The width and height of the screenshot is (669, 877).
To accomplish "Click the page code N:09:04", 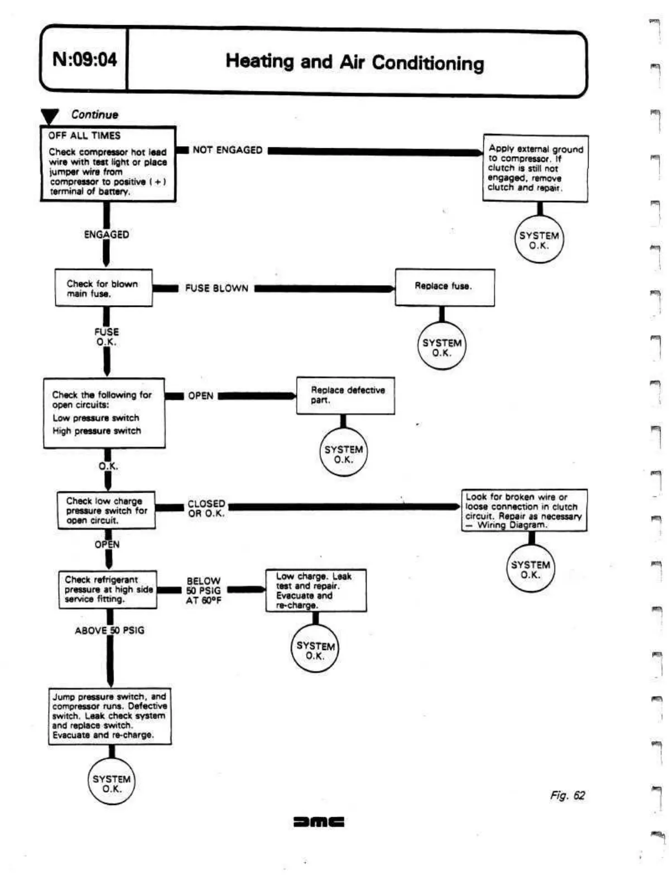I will click(85, 59).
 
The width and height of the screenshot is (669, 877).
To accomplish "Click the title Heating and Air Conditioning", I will click(354, 62).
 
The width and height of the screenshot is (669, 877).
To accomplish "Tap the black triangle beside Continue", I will click(50, 116).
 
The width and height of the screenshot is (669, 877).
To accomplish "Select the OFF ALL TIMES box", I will click(108, 163).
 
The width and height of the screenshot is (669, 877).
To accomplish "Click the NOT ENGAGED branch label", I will click(227, 150).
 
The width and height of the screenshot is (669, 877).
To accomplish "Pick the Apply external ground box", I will click(535, 168).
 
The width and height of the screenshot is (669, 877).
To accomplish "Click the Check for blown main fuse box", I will click(103, 288).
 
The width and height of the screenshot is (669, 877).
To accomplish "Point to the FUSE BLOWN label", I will click(216, 288).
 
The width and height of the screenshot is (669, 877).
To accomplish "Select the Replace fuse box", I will click(444, 287).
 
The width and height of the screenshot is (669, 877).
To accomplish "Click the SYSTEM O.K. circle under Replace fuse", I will click(441, 346).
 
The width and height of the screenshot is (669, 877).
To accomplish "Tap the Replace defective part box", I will click(345, 395).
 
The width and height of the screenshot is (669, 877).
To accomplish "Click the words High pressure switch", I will click(97, 431).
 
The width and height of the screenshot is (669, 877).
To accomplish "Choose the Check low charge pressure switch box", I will click(107, 510).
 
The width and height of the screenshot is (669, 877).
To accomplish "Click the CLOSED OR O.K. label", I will click(206, 508).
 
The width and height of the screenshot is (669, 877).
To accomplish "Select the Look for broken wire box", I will click(523, 510).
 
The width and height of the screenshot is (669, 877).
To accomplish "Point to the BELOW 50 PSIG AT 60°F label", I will click(204, 591).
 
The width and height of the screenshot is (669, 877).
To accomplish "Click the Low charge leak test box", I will click(316, 590).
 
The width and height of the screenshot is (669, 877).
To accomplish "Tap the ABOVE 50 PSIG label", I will click(109, 630).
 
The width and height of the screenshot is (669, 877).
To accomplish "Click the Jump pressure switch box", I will click(109, 716).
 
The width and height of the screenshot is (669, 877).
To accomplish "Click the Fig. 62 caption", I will click(567, 796).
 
